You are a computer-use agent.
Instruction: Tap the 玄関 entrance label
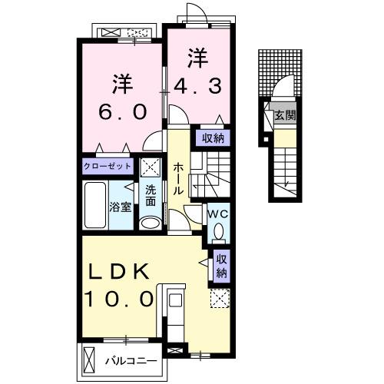tap(285, 116)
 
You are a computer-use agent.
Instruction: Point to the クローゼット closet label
tap(108, 166)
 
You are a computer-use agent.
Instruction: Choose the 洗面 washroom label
tap(151, 196)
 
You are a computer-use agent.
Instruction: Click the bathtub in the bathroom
tap(95, 205)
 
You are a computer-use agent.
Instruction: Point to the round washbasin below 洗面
tap(150, 222)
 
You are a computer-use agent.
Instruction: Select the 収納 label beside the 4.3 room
tap(213, 138)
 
